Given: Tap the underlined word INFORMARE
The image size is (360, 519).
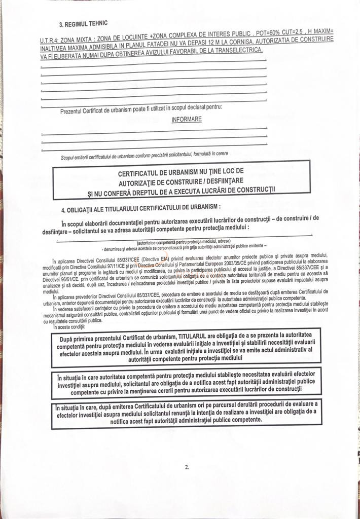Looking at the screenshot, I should point(186,120).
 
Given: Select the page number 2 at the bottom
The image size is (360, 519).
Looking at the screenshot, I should point(187,467).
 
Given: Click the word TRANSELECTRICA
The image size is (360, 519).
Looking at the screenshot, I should point(237,50).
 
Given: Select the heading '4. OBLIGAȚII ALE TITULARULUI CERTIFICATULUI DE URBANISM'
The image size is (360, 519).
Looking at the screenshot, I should point(140,207).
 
